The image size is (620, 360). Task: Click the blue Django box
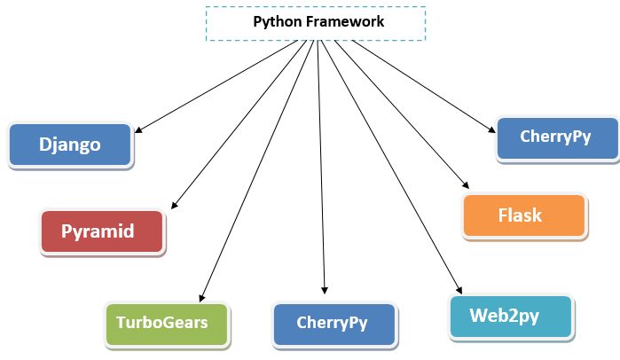(70, 145)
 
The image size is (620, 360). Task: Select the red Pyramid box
(102, 231)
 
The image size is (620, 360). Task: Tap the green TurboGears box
(167, 322)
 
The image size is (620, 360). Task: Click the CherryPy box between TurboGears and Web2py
(333, 322)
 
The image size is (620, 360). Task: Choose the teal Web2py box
(512, 315)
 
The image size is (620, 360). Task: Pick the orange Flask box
(524, 215)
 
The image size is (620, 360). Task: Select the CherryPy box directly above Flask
(556, 138)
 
